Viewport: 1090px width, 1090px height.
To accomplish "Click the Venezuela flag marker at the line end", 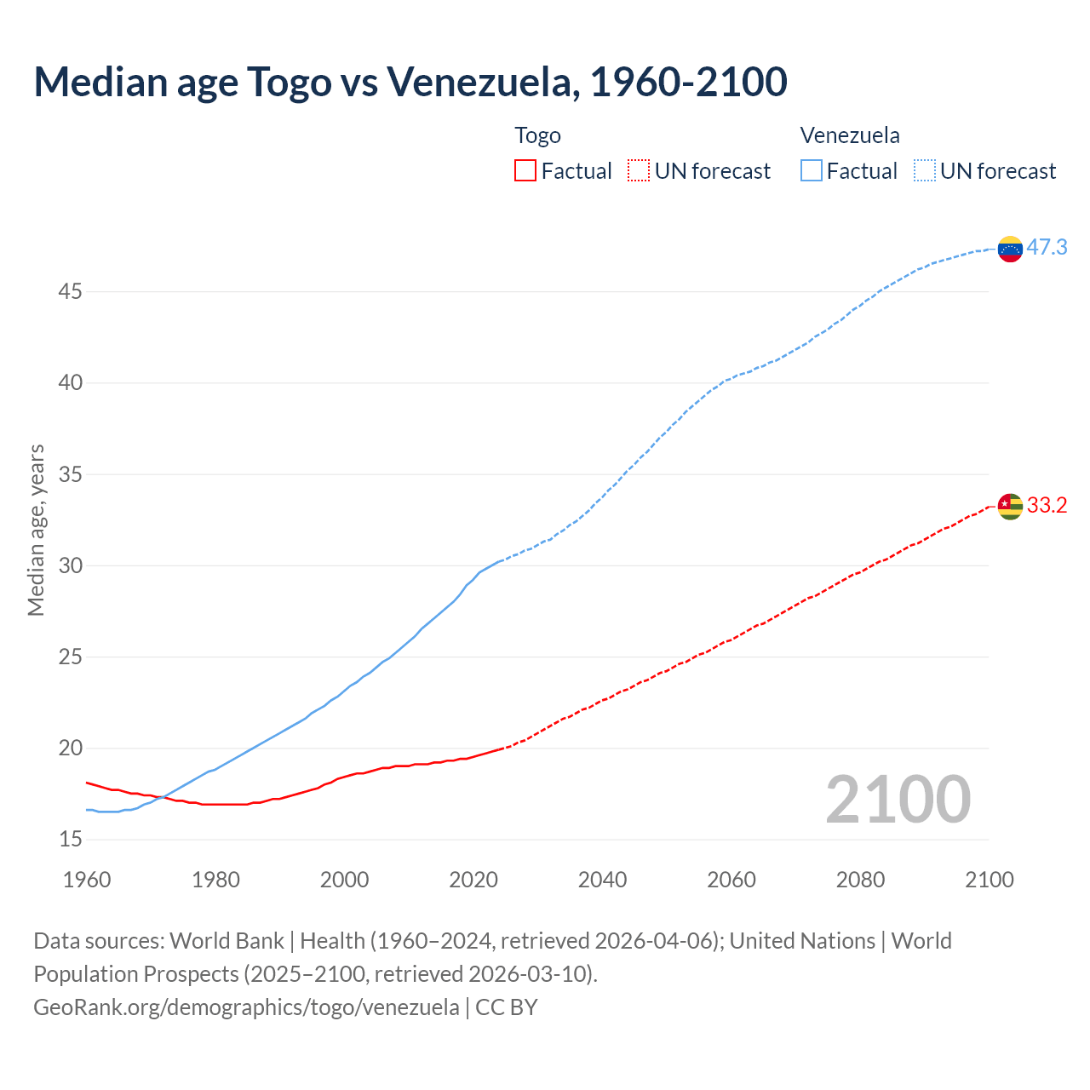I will point(1010,249).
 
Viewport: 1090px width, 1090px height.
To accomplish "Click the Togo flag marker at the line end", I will point(1010,506).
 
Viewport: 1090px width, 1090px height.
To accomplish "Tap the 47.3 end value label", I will point(1047,248).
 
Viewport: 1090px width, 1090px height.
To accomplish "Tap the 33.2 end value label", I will point(1047,506).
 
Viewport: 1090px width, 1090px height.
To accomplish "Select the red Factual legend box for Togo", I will point(525,170).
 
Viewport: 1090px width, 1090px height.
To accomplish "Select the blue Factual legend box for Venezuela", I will point(812,170).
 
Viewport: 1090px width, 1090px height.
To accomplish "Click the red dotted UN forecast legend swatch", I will point(639,170).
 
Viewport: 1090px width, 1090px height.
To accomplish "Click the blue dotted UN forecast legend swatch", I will point(925,170).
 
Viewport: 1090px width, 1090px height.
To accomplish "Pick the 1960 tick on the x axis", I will point(87,880).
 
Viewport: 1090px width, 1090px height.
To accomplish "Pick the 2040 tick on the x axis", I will point(602,880).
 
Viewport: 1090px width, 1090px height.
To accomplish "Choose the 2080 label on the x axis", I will point(860,880).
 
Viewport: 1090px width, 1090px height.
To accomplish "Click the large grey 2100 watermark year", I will point(898,799).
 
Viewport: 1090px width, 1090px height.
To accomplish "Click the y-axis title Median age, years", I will point(36,530).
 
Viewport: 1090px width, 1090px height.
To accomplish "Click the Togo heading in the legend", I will point(537,135).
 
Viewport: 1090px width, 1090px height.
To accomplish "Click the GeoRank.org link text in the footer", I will point(246,1007).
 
